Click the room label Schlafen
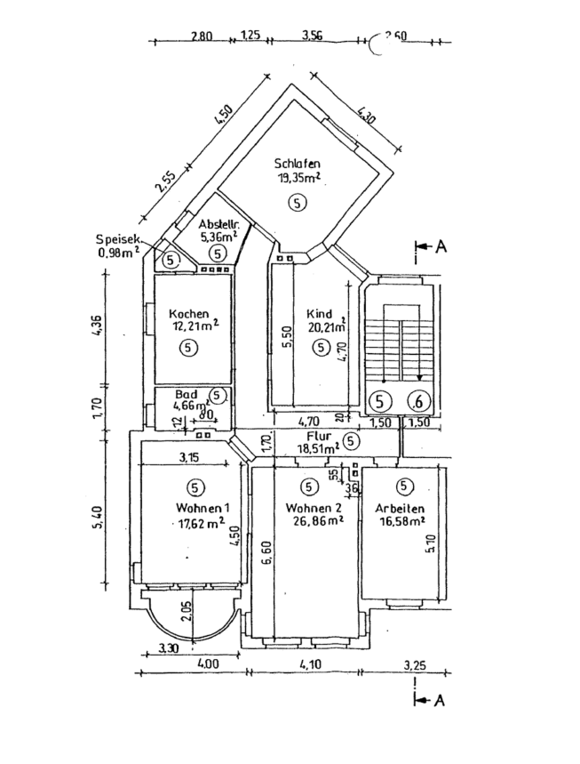[x=298, y=164]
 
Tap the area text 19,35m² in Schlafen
[x=298, y=178]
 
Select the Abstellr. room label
[x=217, y=224]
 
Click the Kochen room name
[x=188, y=314]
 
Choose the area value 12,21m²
[x=193, y=327]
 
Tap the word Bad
[x=185, y=394]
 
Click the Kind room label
[x=319, y=314]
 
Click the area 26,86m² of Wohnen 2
[x=314, y=522]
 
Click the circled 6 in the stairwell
[x=418, y=401]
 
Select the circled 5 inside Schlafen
[x=298, y=204]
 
